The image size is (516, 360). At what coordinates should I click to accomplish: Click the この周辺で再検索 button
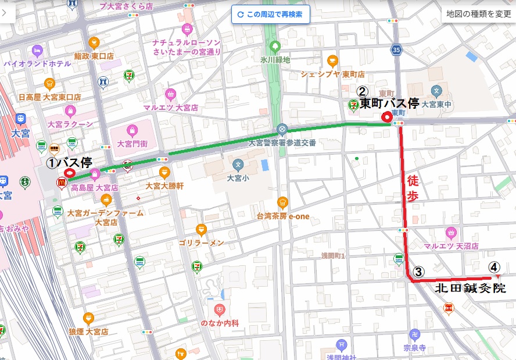(x=270, y=15)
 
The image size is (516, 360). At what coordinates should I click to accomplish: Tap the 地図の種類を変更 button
(x=478, y=14)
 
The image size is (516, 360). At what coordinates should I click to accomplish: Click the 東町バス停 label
(x=389, y=104)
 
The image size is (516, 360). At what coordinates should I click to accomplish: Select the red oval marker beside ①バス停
(x=69, y=173)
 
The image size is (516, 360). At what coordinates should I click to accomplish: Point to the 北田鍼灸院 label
(x=470, y=288)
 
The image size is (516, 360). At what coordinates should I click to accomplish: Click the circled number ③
(x=419, y=272)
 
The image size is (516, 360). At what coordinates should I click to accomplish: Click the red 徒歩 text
(x=413, y=188)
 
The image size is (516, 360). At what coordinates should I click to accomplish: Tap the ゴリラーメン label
(x=201, y=243)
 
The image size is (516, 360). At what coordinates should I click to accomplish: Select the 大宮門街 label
(x=133, y=143)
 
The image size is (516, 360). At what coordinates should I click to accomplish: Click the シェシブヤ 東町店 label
(x=332, y=74)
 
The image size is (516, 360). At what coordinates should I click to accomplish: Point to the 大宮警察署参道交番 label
(x=282, y=142)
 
